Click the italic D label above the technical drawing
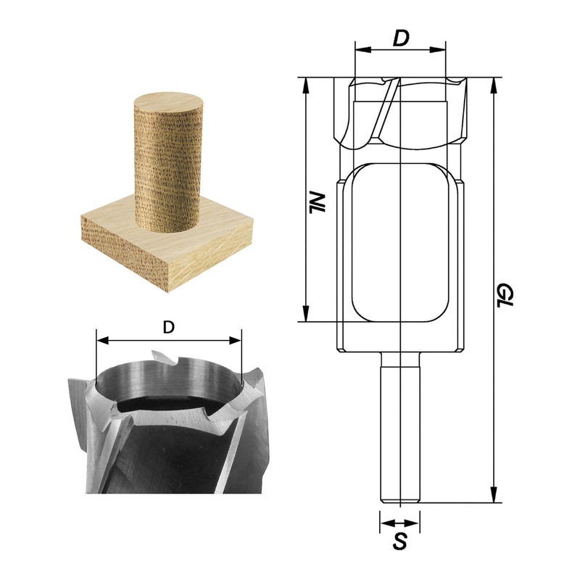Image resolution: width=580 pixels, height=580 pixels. (399, 38)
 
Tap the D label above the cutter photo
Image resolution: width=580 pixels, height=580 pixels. (168, 327)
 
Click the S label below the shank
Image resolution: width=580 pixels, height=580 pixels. (399, 540)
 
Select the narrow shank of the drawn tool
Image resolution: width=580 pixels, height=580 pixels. (399, 428)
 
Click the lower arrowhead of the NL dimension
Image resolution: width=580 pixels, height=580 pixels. (307, 315)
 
